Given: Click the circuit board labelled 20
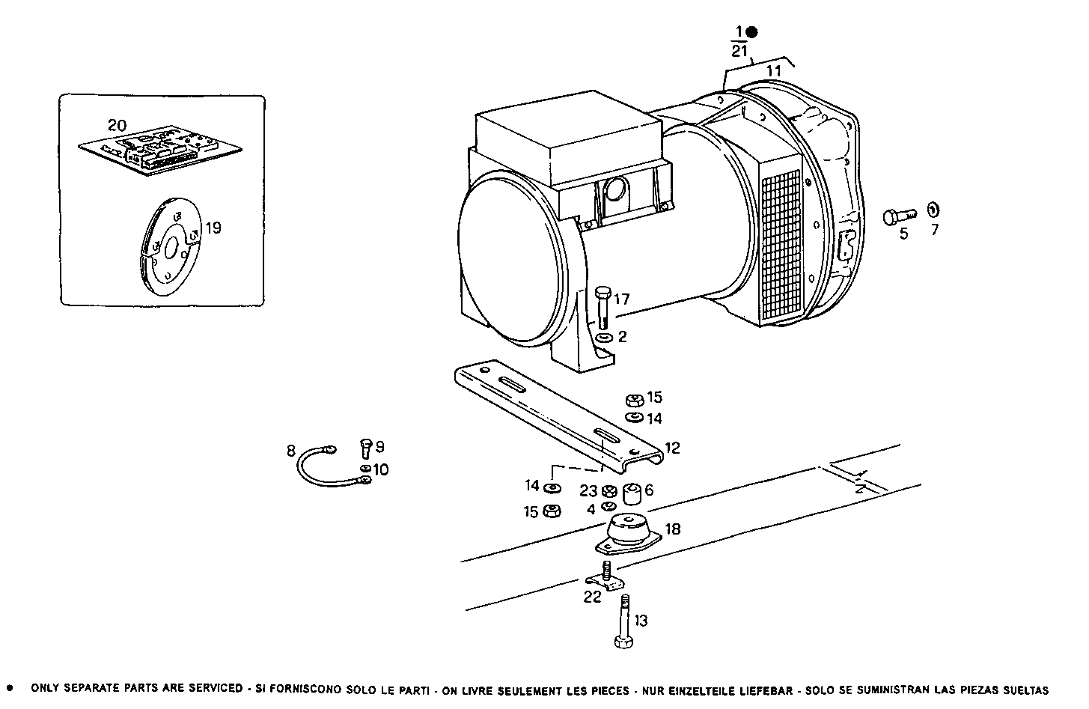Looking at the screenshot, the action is [160, 150].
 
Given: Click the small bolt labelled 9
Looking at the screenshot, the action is [365, 448].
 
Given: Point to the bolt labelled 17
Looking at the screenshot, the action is [603, 307].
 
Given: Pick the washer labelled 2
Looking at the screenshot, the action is [604, 337].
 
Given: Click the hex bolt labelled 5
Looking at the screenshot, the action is [900, 216].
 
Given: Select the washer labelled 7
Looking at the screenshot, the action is [933, 210].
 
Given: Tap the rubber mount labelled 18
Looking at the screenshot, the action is [629, 534].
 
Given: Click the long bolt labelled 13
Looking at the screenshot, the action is [623, 621].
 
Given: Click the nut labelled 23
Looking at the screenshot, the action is [609, 491].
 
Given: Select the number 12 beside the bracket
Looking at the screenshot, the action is [672, 448].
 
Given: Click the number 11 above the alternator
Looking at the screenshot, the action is [773, 71].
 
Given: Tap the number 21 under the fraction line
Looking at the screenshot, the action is [739, 51].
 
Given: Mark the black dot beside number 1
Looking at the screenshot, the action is [751, 32].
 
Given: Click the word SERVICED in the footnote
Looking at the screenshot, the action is [216, 688].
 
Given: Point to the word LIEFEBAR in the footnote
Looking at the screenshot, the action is [767, 690].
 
